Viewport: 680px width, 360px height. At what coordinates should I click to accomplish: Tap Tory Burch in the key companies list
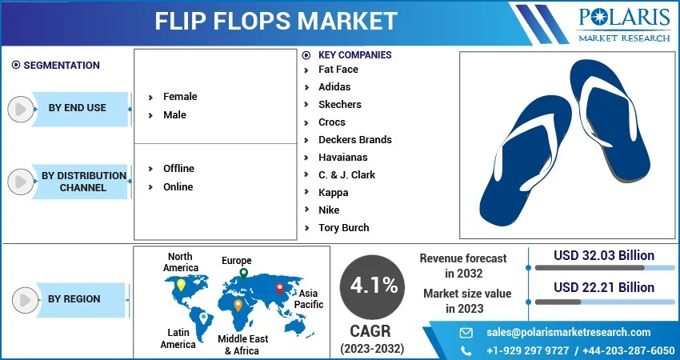click(343, 227)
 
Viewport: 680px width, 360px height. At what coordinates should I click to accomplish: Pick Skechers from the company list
click(339, 104)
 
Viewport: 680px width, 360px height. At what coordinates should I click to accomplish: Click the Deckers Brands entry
click(354, 139)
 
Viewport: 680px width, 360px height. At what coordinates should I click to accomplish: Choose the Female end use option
click(180, 96)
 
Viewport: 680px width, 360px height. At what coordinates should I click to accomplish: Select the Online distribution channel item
click(178, 186)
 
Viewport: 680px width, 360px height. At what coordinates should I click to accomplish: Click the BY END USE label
click(77, 107)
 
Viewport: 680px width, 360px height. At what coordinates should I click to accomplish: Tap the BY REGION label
click(74, 298)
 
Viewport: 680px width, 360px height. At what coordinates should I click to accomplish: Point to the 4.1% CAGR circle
click(372, 286)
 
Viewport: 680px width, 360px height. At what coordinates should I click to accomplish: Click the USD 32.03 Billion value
click(604, 256)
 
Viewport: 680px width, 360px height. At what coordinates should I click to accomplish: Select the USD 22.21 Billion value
click(604, 287)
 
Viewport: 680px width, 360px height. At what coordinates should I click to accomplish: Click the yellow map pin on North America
click(182, 284)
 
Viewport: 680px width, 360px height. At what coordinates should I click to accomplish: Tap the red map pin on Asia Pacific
click(279, 288)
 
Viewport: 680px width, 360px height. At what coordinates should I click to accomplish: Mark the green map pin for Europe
click(243, 274)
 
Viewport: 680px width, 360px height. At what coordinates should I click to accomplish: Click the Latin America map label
click(178, 338)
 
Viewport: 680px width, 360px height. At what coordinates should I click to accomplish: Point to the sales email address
click(568, 332)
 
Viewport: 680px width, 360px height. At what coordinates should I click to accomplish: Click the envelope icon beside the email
click(466, 332)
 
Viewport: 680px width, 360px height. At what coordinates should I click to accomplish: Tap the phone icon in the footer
click(466, 350)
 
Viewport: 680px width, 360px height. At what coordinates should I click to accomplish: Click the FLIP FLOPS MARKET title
click(276, 22)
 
